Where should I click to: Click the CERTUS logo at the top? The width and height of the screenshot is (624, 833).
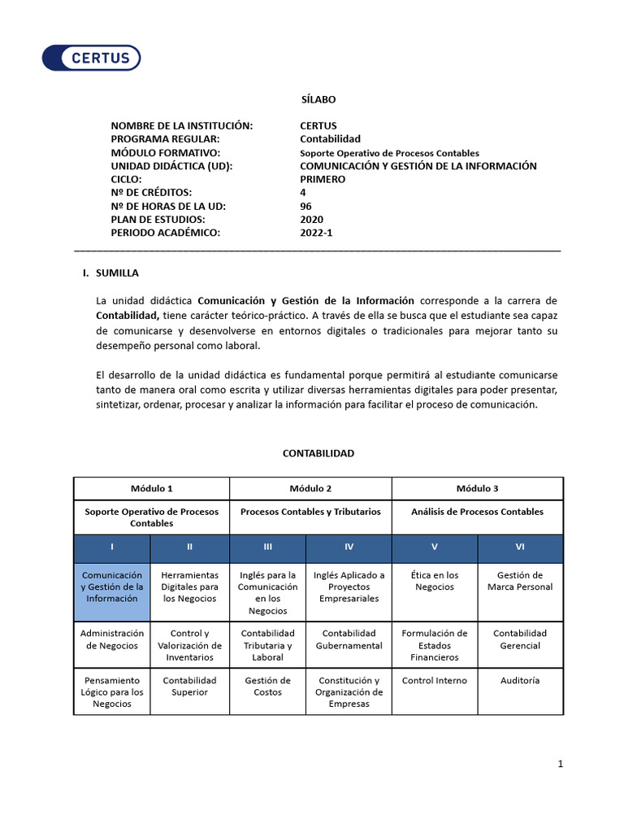pos(91,58)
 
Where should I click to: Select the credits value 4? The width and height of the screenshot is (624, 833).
pos(303,193)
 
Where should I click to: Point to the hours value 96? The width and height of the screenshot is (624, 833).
pos(305,206)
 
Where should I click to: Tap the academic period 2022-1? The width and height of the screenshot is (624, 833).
pos(316,233)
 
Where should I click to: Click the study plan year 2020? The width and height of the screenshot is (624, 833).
pos(311,220)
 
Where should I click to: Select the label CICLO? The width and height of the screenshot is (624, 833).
pos(127,179)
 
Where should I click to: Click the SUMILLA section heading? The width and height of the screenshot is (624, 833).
pos(117,273)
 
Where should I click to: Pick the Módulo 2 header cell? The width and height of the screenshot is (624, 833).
pos(310,488)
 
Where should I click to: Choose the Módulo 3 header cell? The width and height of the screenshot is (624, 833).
pos(477,488)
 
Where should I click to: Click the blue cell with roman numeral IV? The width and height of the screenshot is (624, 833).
pos(349,547)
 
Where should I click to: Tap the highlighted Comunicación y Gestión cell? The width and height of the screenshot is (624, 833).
pos(112,587)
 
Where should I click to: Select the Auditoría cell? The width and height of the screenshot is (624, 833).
pos(520,681)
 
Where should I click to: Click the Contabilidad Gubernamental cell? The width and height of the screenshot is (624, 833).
pos(349,639)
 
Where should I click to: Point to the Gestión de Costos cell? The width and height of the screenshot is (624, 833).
pos(267,686)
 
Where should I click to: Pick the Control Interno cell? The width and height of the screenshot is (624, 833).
pos(435,681)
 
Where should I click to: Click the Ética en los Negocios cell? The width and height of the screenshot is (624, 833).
pos(435,581)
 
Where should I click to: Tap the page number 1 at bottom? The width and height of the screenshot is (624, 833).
pos(560,763)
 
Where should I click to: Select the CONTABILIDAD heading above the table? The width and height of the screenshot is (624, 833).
pos(318,453)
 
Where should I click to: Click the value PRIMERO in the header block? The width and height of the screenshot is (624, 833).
pos(323,179)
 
